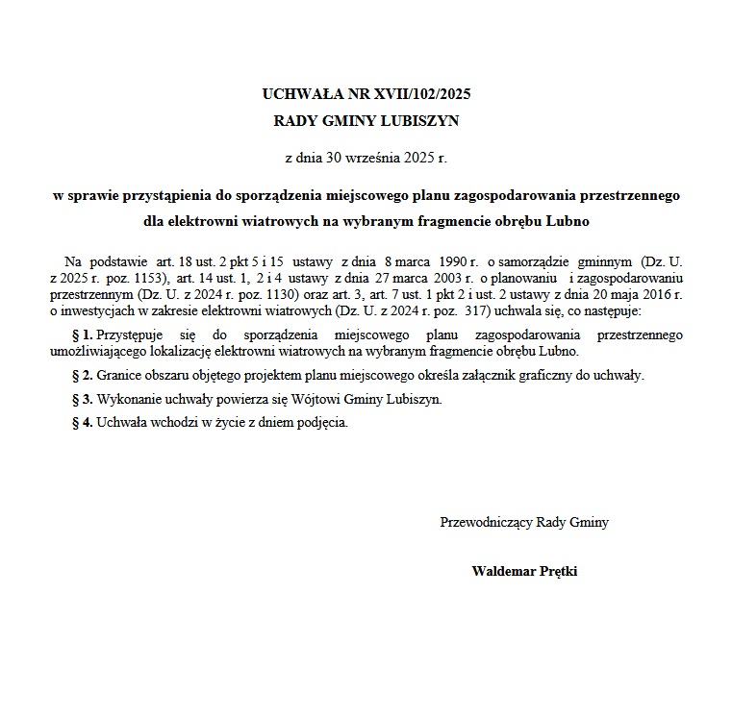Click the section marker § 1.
pos(82,334)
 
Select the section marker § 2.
pos(82,375)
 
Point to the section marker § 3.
pos(82,399)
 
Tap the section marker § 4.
pos(82,422)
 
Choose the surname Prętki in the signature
pos(557,571)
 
